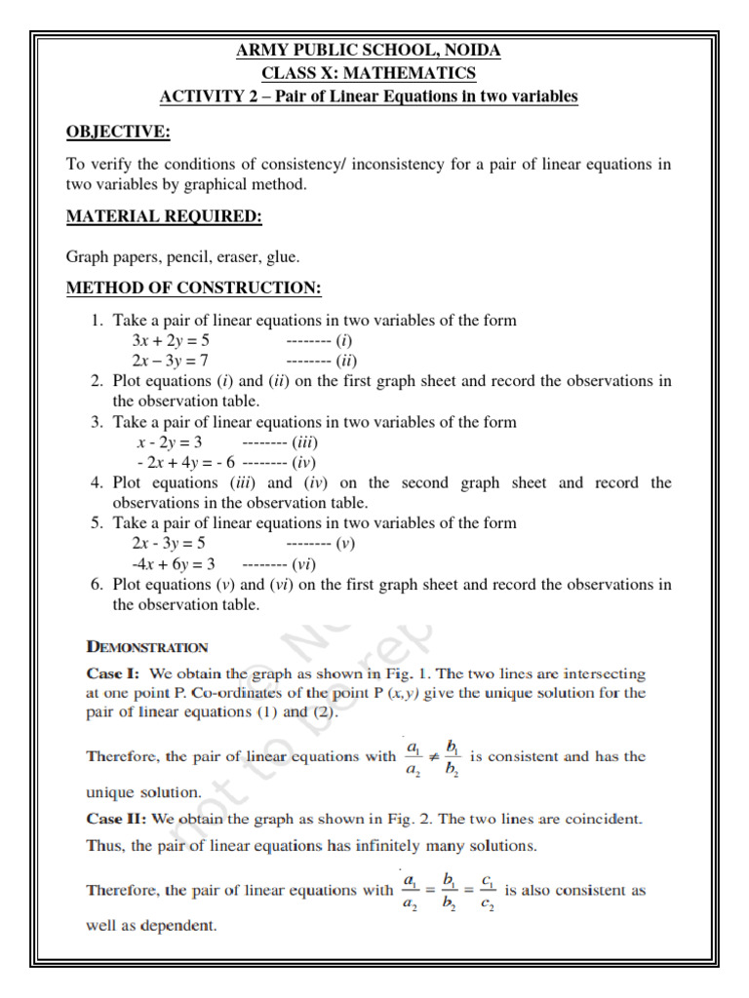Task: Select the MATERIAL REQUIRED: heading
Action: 164,217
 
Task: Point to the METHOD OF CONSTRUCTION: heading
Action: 193,289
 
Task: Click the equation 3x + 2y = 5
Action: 171,341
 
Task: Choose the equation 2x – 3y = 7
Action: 171,362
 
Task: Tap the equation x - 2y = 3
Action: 169,442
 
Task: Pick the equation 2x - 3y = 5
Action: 169,544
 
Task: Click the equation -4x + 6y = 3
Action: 173,564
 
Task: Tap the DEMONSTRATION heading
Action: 147,646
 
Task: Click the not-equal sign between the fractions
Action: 432,757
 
